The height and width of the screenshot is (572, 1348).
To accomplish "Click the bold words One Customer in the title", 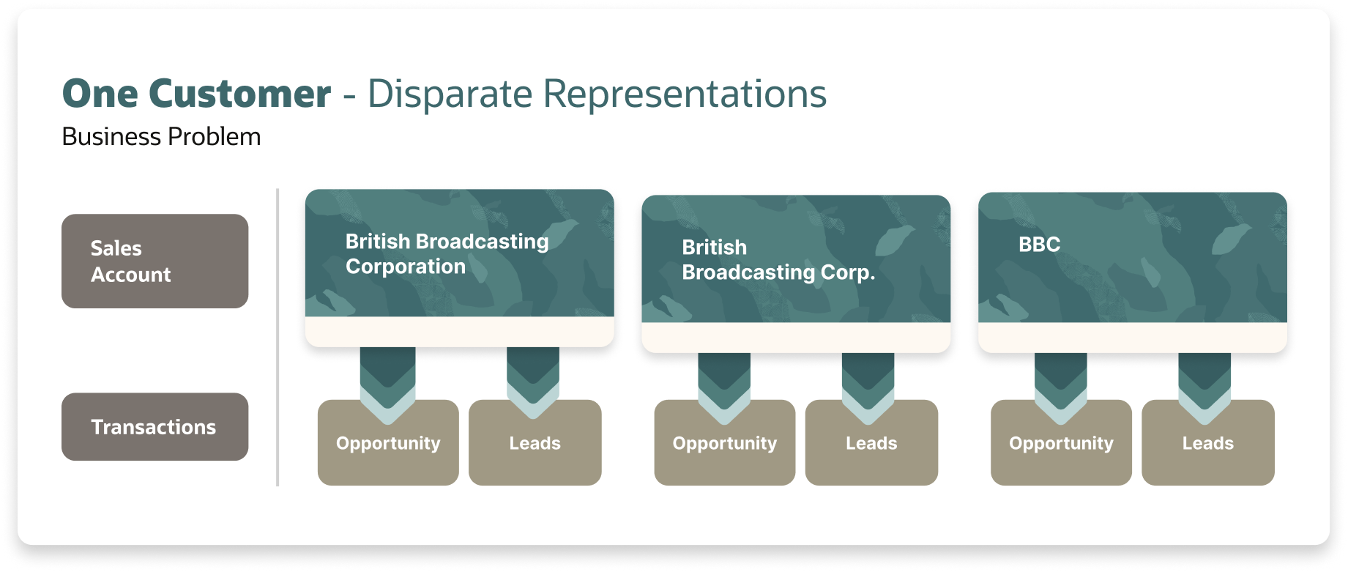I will point(196,94).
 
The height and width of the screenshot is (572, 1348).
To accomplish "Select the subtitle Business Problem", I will point(161,137).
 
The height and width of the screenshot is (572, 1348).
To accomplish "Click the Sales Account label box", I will point(154,261).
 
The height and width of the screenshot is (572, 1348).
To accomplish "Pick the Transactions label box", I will point(154,427).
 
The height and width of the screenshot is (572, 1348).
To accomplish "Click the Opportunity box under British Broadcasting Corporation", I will point(388,447).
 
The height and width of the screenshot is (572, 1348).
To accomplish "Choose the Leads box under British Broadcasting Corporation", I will point(535,447).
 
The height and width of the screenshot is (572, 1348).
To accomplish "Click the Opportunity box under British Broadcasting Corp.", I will point(724,447).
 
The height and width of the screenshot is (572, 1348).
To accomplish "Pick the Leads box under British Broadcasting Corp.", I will point(871,447).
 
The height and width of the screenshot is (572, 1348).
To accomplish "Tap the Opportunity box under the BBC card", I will point(1061,447).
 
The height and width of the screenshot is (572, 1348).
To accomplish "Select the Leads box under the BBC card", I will point(1207,447).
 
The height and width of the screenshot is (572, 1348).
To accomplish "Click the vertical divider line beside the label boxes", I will point(278,337).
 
